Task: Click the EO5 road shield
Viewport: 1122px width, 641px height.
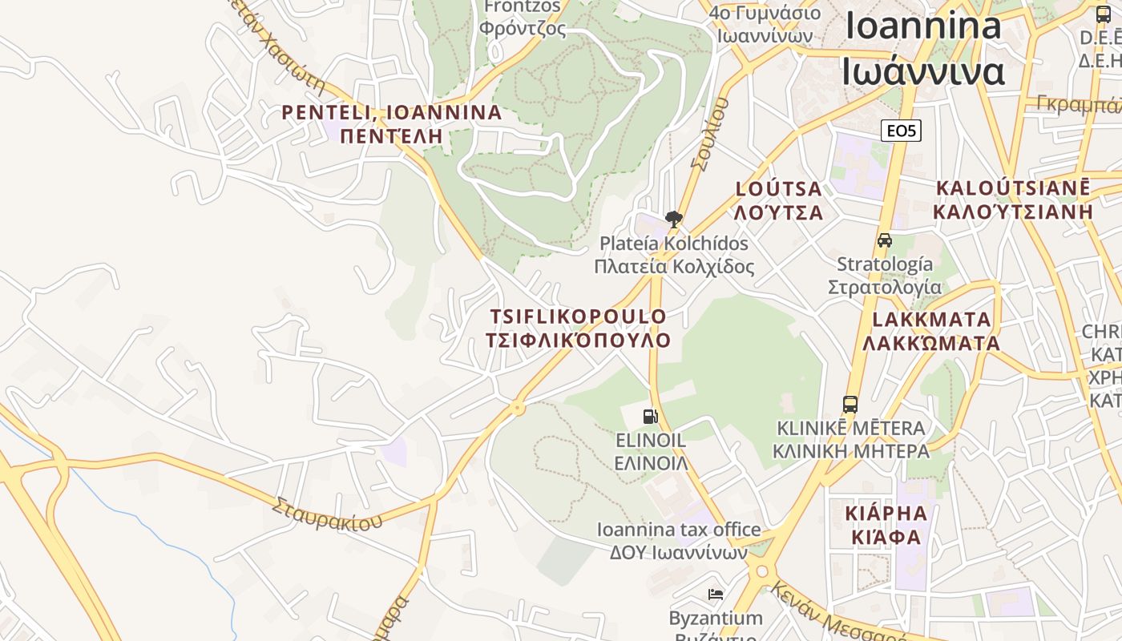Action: (x=901, y=131)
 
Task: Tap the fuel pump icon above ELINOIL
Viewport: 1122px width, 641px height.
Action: (x=651, y=416)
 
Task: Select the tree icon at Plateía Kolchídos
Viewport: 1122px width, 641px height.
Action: (x=674, y=219)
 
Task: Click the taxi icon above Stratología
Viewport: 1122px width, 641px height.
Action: (x=885, y=240)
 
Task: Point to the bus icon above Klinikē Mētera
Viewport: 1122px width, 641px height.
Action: (x=850, y=404)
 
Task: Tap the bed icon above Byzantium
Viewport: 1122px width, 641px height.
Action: (x=716, y=594)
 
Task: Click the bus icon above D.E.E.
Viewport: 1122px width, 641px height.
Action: (x=1104, y=14)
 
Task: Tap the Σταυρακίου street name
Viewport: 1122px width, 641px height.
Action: (x=327, y=515)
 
